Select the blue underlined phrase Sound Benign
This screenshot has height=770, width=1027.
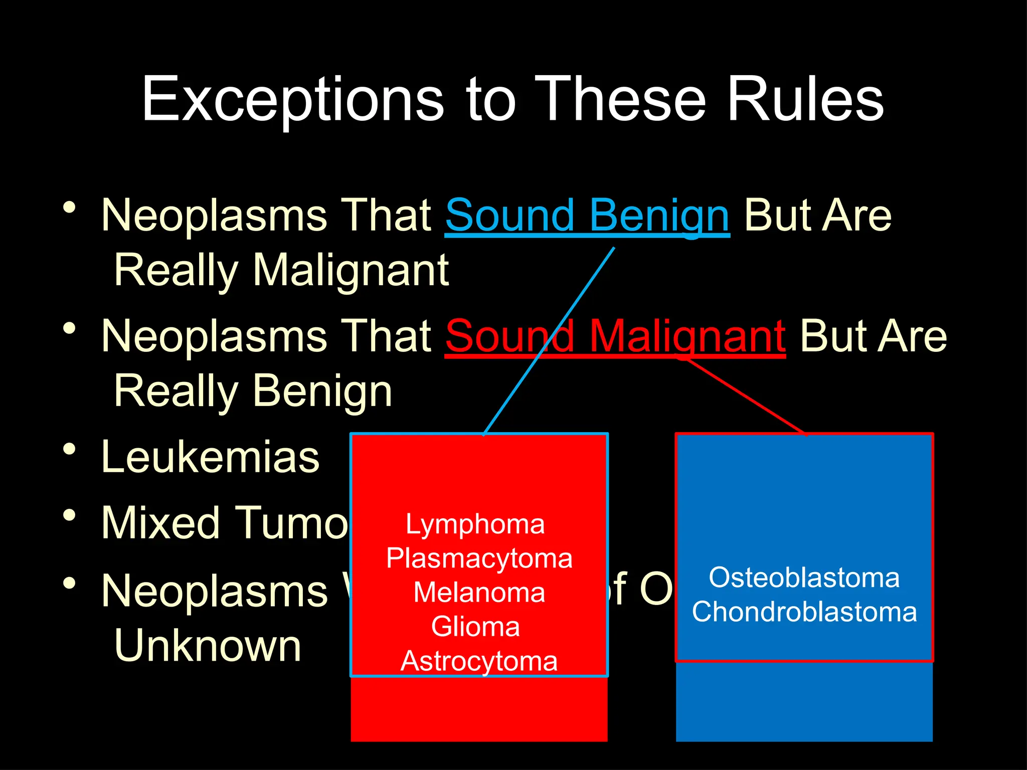click(x=587, y=216)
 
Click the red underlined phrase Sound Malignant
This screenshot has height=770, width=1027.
click(x=615, y=336)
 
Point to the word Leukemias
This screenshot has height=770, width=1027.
click(x=210, y=457)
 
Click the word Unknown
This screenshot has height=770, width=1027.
click(x=208, y=646)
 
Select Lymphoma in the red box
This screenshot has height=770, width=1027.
click(x=475, y=524)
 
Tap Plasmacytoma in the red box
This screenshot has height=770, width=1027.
click(x=479, y=558)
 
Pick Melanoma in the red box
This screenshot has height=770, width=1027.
click(x=479, y=593)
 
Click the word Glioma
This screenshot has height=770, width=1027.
click(x=475, y=627)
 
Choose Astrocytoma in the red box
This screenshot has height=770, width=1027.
click(x=479, y=661)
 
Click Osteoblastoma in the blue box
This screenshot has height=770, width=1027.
click(x=804, y=577)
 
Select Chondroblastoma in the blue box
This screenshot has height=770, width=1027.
click(x=804, y=612)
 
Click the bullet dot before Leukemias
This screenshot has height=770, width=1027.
click(x=70, y=449)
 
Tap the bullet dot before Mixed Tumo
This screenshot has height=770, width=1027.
click(x=70, y=515)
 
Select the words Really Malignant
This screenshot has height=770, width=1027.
click(x=281, y=271)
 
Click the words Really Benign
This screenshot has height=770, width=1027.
click(x=253, y=392)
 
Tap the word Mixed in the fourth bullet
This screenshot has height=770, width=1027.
click(x=160, y=523)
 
